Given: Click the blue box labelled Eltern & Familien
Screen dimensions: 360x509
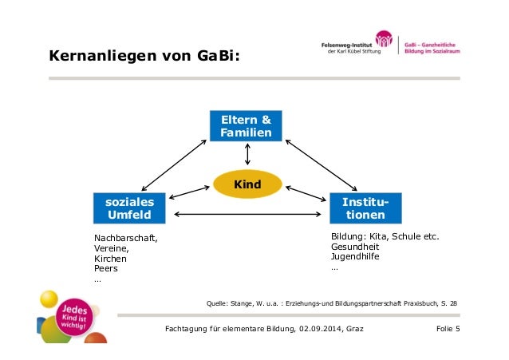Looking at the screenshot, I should coord(246,126).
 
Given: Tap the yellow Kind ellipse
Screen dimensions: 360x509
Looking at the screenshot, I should coord(247,185).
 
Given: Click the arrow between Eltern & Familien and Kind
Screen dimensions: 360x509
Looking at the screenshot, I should coord(247,156).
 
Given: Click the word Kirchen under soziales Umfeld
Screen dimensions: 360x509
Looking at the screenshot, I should coord(110,259).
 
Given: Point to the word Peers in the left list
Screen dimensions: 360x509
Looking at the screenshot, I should coord(106,269).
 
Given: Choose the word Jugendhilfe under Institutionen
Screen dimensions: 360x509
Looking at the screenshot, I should coord(355,257).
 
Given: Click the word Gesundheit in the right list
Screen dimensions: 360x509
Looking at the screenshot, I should coord(356,247).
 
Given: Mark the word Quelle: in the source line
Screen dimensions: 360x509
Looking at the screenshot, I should coord(219,303).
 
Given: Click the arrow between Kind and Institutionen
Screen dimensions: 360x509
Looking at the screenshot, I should coord(306,193).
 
